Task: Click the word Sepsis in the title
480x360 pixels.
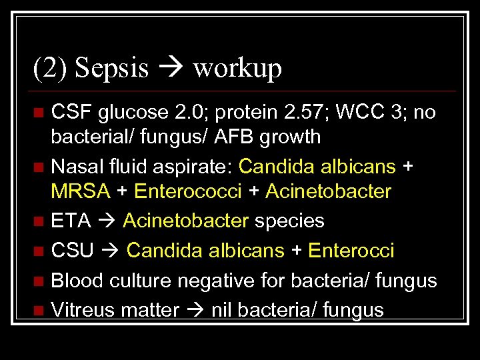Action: point(112,68)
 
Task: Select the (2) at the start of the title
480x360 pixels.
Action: point(50,68)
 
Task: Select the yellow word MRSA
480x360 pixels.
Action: point(81,192)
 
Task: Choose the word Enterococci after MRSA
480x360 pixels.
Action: point(187,192)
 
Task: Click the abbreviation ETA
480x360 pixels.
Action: point(71,221)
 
